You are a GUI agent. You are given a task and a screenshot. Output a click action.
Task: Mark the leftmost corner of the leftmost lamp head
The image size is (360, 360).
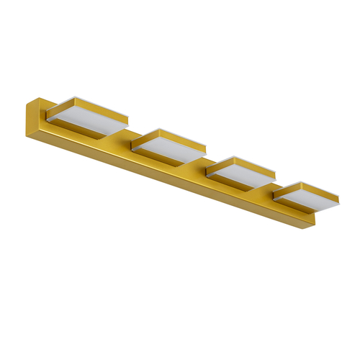coord(48,111)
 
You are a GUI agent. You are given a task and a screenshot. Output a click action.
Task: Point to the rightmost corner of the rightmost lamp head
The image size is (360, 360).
coord(340,195)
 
